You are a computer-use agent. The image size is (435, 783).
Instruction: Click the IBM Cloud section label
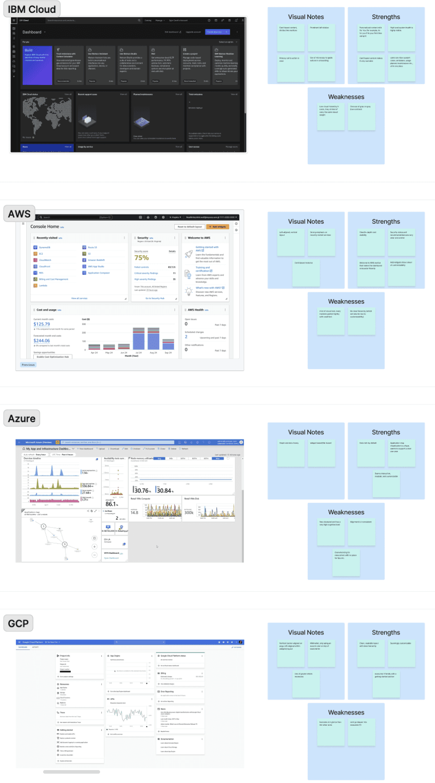pyautogui.click(x=32, y=9)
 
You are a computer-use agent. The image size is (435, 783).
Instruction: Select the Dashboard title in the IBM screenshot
pyautogui.click(x=32, y=32)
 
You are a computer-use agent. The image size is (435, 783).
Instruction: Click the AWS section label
pyautogui.click(x=20, y=214)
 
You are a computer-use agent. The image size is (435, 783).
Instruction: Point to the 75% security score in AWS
pyautogui.click(x=141, y=258)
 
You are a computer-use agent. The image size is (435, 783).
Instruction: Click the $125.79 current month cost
pyautogui.click(x=42, y=324)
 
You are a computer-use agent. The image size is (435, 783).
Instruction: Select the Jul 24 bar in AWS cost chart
pyautogui.click(x=139, y=339)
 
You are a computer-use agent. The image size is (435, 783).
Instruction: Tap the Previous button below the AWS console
pyautogui.click(x=28, y=365)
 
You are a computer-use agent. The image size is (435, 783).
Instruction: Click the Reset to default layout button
pyautogui.click(x=190, y=227)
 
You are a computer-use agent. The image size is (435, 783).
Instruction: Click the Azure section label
pyautogui.click(x=22, y=419)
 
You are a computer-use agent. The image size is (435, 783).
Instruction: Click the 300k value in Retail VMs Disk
pyautogui.click(x=189, y=513)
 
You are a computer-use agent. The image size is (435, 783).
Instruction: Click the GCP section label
pyautogui.click(x=18, y=624)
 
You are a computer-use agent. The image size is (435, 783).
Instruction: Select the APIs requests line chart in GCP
pyautogui.click(x=127, y=714)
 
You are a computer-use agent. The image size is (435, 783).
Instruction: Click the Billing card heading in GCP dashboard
pyautogui.click(x=163, y=674)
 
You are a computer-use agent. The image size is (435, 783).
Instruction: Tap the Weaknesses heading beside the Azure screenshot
pyautogui.click(x=346, y=512)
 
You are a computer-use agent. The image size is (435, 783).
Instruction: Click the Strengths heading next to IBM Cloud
pyautogui.click(x=386, y=17)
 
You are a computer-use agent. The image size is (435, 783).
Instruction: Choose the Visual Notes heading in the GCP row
pyautogui.click(x=306, y=633)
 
